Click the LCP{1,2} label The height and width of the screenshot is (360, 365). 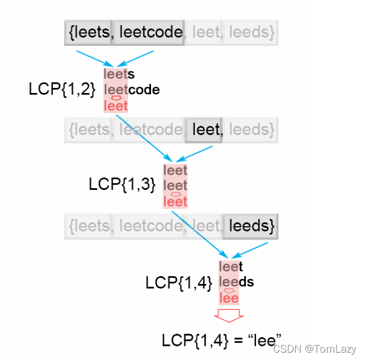(62, 89)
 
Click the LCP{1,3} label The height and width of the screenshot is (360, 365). (122, 184)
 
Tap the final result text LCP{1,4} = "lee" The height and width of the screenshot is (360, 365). (222, 340)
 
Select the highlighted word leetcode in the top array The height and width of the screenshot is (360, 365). (149, 33)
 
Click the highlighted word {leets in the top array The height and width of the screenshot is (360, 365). (89, 33)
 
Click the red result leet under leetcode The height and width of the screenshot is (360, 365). (116, 106)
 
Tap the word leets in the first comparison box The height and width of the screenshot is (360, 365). (119, 74)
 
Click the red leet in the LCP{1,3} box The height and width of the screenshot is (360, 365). (175, 201)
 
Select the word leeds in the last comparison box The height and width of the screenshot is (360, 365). (236, 282)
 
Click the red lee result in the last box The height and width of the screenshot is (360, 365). (229, 298)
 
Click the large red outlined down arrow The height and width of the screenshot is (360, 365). (228, 315)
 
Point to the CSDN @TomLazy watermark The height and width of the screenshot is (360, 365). (314, 349)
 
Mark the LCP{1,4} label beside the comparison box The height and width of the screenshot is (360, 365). (179, 282)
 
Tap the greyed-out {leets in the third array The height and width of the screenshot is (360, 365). (89, 226)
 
